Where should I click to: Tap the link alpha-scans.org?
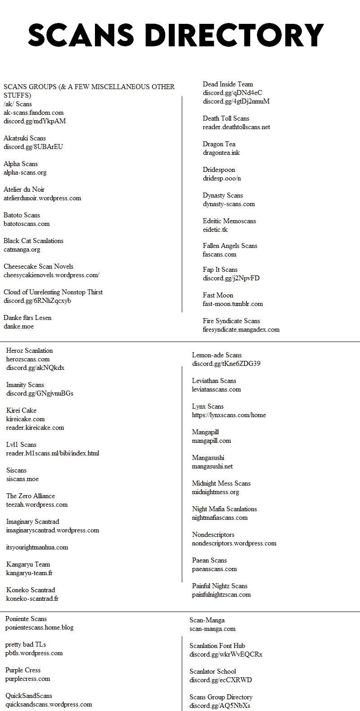click(x=25, y=172)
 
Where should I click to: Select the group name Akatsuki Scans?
click(x=25, y=138)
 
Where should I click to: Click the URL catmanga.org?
click(x=22, y=249)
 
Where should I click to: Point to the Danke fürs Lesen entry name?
click(x=27, y=318)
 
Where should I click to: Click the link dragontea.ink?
click(x=221, y=153)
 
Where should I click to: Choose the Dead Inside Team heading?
click(x=228, y=84)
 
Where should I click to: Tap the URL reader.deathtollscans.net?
click(x=236, y=127)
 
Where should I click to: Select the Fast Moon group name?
click(x=218, y=295)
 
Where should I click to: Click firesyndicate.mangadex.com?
click(x=241, y=329)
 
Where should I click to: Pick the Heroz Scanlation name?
click(x=29, y=351)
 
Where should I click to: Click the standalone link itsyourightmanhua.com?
click(x=37, y=547)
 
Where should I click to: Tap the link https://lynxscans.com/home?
click(x=229, y=415)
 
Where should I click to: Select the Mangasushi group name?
click(x=208, y=458)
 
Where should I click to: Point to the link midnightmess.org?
click(x=216, y=492)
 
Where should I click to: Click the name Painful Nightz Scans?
click(x=220, y=586)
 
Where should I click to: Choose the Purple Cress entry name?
click(x=23, y=670)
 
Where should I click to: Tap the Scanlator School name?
click(x=213, y=671)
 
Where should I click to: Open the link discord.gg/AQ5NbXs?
click(x=220, y=706)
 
